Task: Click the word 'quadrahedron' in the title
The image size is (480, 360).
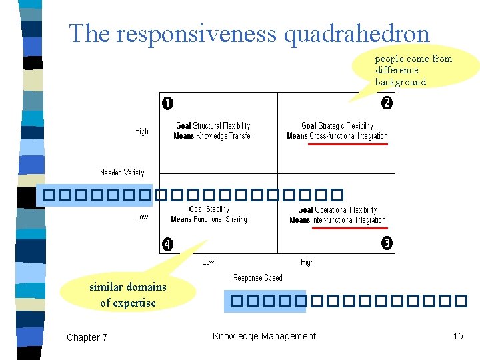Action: pyautogui.click(x=357, y=33)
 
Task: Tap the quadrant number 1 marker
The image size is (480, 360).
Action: pyautogui.click(x=167, y=103)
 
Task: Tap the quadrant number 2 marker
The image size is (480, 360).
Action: pyautogui.click(x=387, y=103)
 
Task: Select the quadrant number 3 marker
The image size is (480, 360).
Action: pyautogui.click(x=387, y=243)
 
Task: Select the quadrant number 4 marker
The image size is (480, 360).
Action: pyautogui.click(x=167, y=244)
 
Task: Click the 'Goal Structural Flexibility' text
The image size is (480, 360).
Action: pyautogui.click(x=213, y=125)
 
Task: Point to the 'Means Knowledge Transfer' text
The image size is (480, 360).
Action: pyautogui.click(x=213, y=135)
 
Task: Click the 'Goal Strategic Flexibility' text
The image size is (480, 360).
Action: pyautogui.click(x=337, y=125)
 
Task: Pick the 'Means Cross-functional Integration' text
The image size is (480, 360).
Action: pyautogui.click(x=337, y=135)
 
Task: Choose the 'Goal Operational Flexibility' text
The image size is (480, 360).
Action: pyautogui.click(x=337, y=210)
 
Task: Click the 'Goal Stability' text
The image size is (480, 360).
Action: pyautogui.click(x=209, y=209)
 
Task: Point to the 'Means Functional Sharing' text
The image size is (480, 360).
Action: pyautogui.click(x=209, y=219)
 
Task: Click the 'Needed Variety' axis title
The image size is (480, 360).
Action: pyautogui.click(x=122, y=173)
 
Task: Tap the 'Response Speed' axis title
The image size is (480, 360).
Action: pyautogui.click(x=257, y=277)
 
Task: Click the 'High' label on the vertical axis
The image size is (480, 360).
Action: pyautogui.click(x=141, y=131)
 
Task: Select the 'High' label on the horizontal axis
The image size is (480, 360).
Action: pyautogui.click(x=307, y=262)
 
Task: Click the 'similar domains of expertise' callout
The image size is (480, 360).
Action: pyautogui.click(x=128, y=295)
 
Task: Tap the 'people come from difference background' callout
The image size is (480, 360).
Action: pyautogui.click(x=413, y=70)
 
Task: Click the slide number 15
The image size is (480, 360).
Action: pyautogui.click(x=457, y=336)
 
